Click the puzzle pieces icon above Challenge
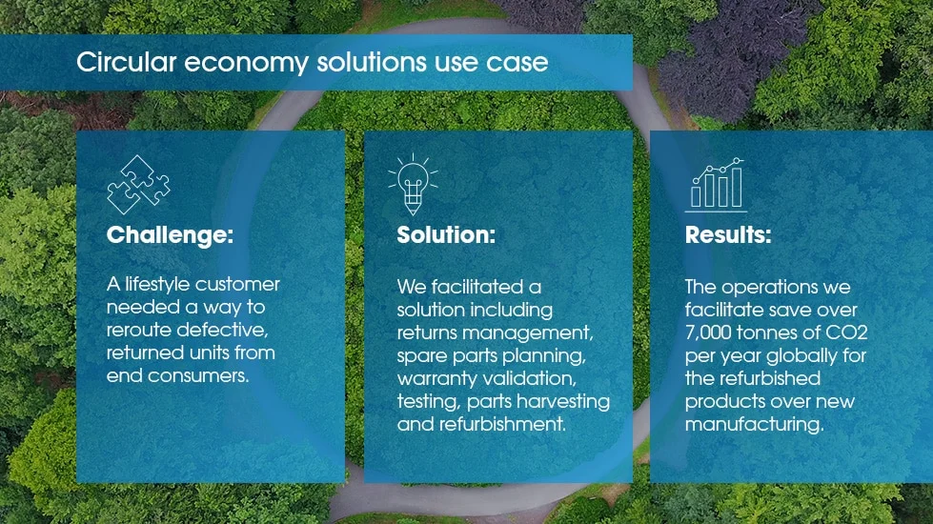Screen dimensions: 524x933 [x=139, y=185]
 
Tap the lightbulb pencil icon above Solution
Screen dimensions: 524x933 [x=413, y=182]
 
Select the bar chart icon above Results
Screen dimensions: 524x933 [x=716, y=186]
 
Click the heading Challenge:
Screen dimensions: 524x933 [x=170, y=235]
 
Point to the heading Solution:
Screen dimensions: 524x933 [x=446, y=235]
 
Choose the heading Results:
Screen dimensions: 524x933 [x=728, y=235]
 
